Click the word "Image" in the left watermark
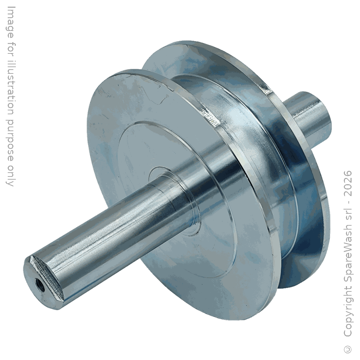10,21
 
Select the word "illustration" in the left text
10,85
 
